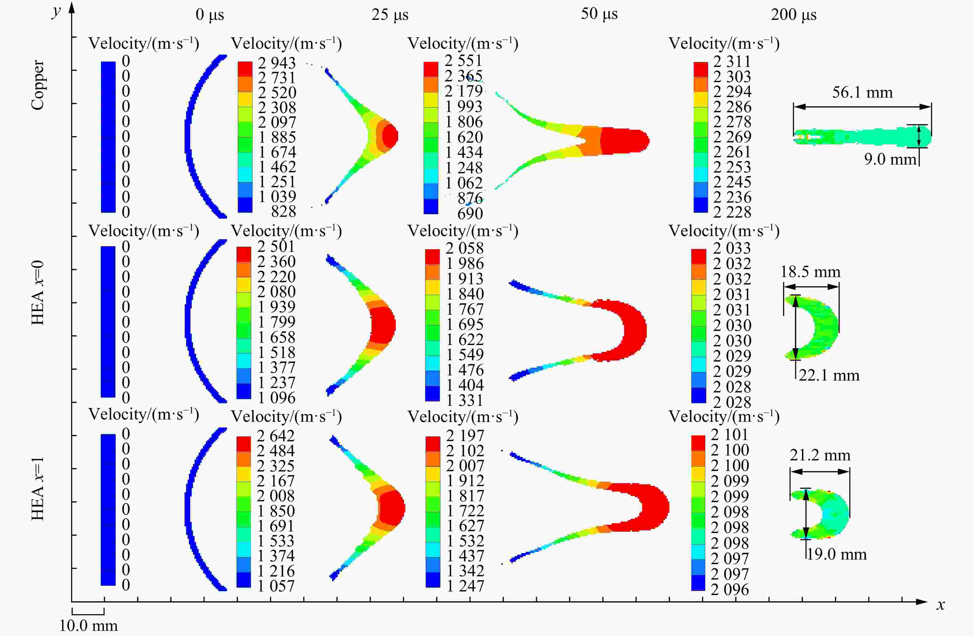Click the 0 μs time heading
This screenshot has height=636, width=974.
click(x=209, y=15)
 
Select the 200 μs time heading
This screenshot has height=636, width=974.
click(x=794, y=15)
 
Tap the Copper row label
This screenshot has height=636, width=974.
click(x=38, y=85)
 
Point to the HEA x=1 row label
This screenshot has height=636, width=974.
click(x=38, y=488)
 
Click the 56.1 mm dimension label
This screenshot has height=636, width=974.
click(x=862, y=92)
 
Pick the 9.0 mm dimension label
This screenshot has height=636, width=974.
click(x=890, y=159)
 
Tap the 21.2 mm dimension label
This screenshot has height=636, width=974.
click(x=820, y=455)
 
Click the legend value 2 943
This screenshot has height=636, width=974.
click(x=277, y=63)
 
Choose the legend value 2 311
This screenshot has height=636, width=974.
click(x=732, y=61)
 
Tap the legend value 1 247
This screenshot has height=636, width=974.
click(x=465, y=586)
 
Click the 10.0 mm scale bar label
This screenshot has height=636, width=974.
click(x=88, y=626)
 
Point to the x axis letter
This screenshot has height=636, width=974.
click(x=941, y=605)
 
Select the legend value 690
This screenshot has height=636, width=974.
click(x=470, y=213)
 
